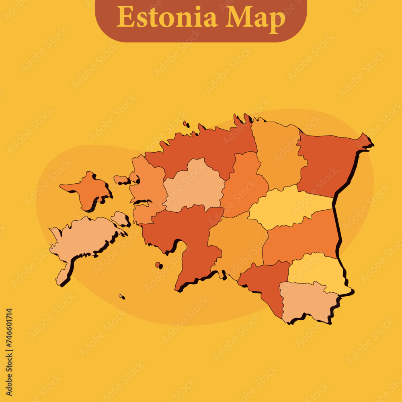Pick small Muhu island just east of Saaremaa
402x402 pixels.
click(x=120, y=219)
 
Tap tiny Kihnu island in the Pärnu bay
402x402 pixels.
click(x=158, y=265)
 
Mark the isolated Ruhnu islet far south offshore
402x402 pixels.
click(x=121, y=297)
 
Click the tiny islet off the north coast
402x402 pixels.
click(x=186, y=124)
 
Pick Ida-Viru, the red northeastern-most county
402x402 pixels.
click(x=330, y=163)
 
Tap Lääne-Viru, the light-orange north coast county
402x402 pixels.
click(x=277, y=153)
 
